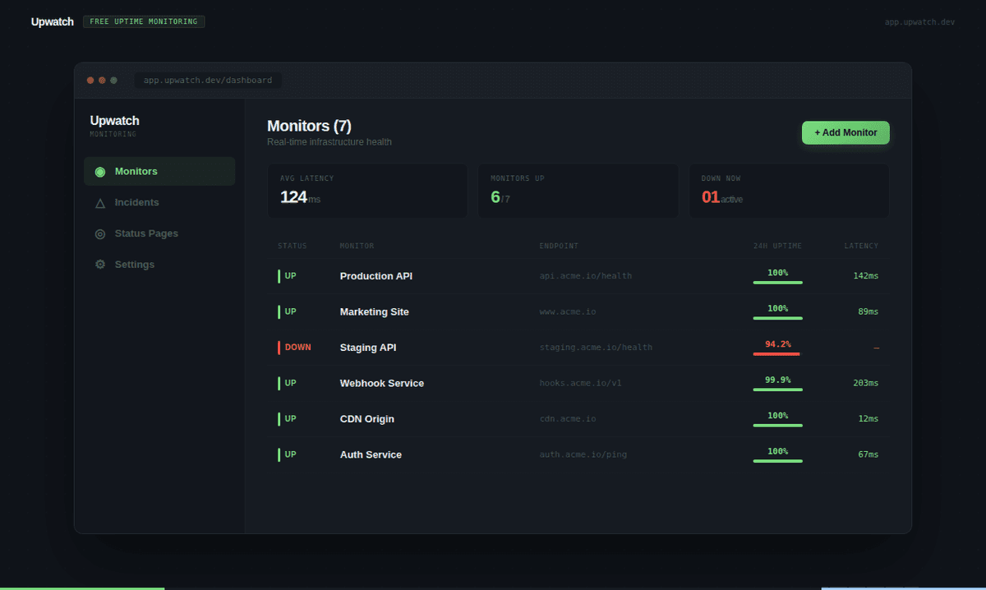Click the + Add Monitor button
tap(845, 132)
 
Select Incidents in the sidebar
tap(136, 202)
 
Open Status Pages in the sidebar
tap(146, 233)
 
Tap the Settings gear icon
tap(100, 265)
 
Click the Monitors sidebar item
tap(136, 171)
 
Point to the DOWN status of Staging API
tap(297, 348)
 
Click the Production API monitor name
tap(376, 276)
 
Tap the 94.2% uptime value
tap(777, 344)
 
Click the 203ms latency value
tap(865, 383)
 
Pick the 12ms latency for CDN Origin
tap(868, 419)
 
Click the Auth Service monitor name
tap(371, 454)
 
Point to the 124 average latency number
tap(293, 197)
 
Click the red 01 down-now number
tap(711, 197)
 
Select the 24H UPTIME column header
tap(777, 246)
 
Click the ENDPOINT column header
tap(559, 246)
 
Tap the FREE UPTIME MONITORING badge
tap(144, 21)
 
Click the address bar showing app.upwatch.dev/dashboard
tap(207, 81)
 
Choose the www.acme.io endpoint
tap(568, 312)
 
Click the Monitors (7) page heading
tap(309, 126)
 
